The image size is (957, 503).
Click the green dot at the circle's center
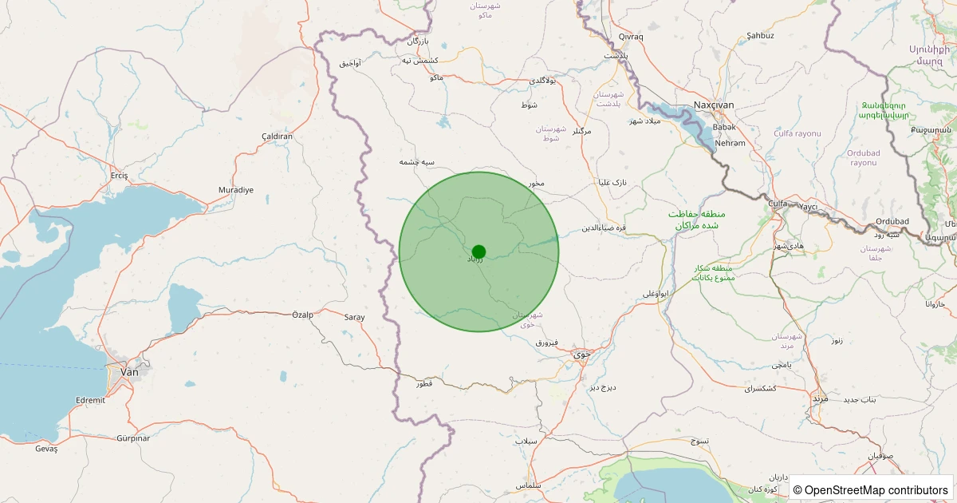[x=478, y=252]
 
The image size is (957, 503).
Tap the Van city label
[x=128, y=371]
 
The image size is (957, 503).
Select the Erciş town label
[x=120, y=175]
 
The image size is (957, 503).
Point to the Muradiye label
[x=236, y=190]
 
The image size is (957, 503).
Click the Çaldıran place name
[x=278, y=137]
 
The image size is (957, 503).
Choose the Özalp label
[x=303, y=315]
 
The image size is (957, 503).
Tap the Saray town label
[x=354, y=317]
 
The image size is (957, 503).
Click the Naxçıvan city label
[x=713, y=105]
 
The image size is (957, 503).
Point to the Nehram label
[x=731, y=143]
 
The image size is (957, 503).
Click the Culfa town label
[x=777, y=204]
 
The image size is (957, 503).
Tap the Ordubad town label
[x=892, y=221]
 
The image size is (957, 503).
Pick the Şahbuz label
[x=760, y=36]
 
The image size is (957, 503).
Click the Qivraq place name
[x=630, y=37]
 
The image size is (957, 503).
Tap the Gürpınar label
[x=133, y=438]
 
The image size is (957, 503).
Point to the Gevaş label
[x=46, y=449]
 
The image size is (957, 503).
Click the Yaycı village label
[x=809, y=207]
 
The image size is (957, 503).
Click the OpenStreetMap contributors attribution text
[x=872, y=489]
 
